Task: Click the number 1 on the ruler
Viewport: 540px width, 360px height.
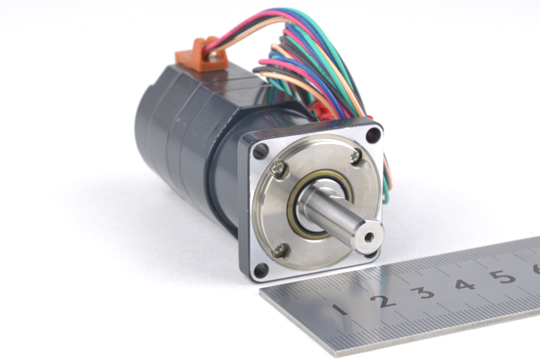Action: [341, 309]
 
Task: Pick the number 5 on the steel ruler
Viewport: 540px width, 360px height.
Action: [503, 276]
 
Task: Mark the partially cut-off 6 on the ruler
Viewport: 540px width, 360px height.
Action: [536, 268]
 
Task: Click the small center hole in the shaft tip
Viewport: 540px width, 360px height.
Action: [369, 236]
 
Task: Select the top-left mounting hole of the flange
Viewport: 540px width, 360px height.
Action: [261, 151]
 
